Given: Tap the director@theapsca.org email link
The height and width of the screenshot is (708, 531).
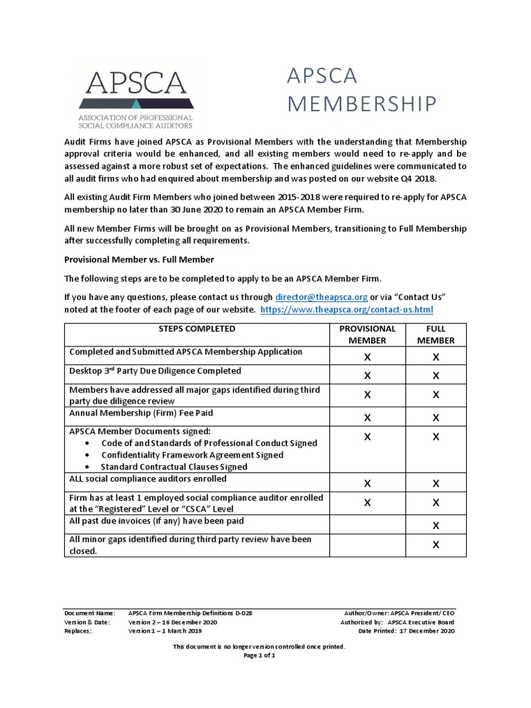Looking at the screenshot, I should click(322, 297).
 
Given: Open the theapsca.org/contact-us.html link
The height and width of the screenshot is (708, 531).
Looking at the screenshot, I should click(346, 310).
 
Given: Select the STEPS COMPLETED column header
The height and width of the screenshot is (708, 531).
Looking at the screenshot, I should click(196, 329).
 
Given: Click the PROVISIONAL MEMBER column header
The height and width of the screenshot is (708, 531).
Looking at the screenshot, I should click(367, 335).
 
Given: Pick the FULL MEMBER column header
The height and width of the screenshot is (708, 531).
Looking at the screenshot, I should click(436, 335).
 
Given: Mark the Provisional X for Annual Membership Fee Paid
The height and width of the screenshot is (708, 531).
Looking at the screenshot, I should click(367, 418).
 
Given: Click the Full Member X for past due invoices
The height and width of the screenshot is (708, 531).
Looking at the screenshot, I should click(436, 525).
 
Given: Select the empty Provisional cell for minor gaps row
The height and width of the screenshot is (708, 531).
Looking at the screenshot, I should click(367, 545).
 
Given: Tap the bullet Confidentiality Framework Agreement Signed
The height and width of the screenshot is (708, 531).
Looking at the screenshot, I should click(192, 455).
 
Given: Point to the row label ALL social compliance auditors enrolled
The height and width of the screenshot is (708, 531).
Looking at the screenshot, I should click(147, 478).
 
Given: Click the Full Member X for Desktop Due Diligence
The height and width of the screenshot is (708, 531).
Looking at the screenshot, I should click(436, 375).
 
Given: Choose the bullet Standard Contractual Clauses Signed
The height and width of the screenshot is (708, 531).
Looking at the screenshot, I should click(174, 467).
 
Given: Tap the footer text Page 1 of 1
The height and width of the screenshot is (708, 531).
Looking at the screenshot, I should click(260, 655).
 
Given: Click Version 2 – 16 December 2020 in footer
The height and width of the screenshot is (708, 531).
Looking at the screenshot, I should click(173, 622).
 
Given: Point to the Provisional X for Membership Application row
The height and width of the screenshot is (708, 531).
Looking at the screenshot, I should click(367, 357).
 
